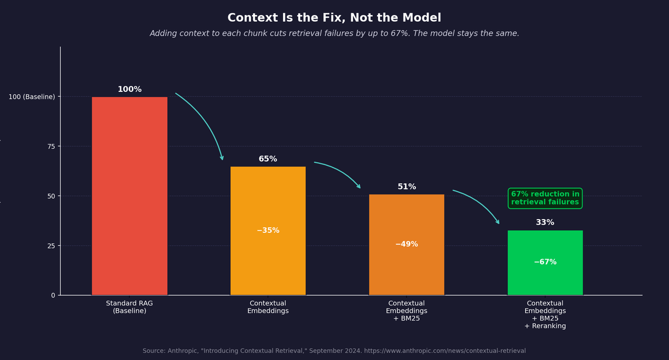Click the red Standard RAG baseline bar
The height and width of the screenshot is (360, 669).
click(x=129, y=195)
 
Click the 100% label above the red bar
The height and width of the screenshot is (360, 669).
click(x=129, y=90)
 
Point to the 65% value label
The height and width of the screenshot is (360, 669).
click(x=268, y=159)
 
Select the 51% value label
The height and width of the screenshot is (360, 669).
click(x=406, y=187)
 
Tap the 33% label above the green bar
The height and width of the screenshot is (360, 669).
click(x=545, y=223)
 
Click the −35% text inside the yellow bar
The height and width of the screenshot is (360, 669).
click(x=268, y=231)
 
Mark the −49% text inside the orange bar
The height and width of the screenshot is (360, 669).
click(x=406, y=245)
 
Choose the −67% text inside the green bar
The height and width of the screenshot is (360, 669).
click(x=545, y=262)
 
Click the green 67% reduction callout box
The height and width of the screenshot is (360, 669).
click(x=545, y=198)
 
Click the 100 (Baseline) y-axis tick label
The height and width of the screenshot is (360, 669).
click(x=32, y=97)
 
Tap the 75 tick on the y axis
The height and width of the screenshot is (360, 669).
click(x=51, y=147)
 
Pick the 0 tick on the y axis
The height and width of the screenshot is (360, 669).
click(x=53, y=295)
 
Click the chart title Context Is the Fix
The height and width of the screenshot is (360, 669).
click(x=334, y=18)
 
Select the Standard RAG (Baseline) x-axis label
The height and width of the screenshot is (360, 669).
click(x=129, y=307)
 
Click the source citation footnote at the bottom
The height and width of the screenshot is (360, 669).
click(x=334, y=351)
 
